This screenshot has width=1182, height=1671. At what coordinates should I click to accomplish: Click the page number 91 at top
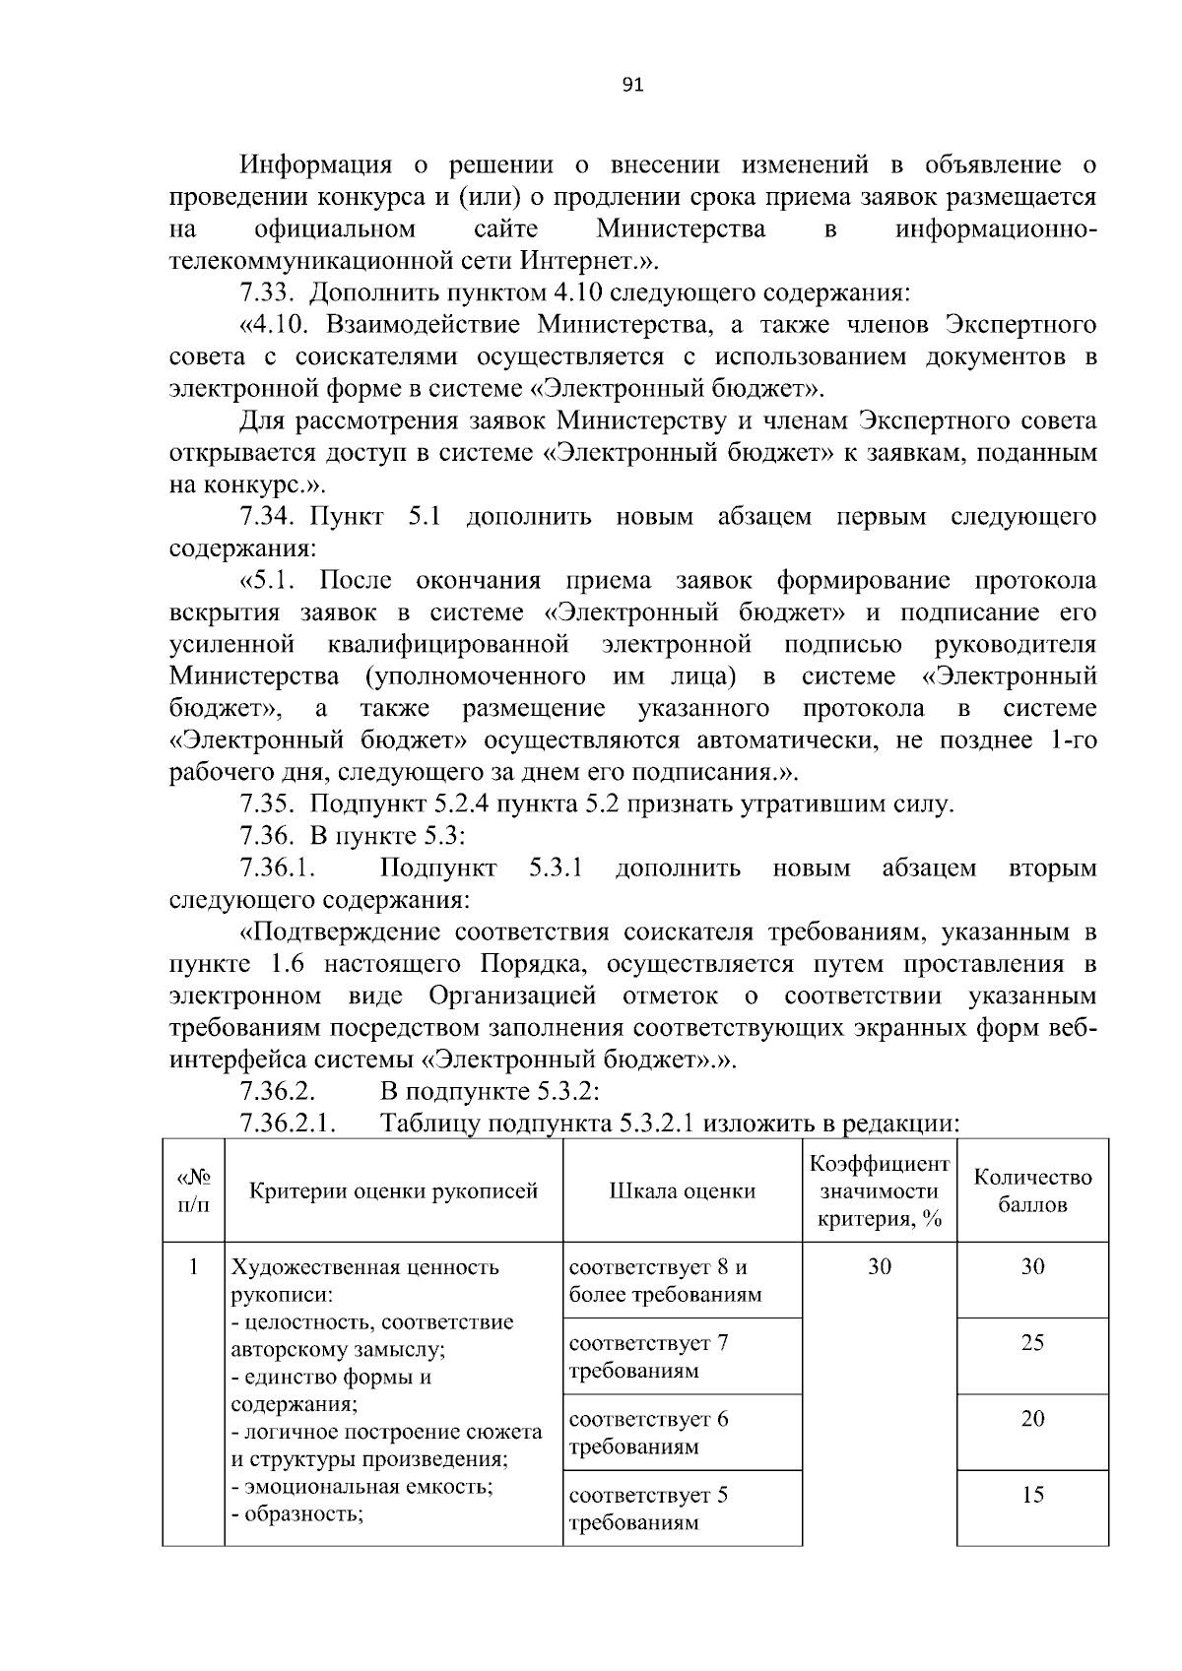(x=633, y=86)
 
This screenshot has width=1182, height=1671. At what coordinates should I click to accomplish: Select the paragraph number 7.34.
(x=269, y=517)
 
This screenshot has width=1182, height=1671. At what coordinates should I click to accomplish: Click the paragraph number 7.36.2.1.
(x=289, y=1124)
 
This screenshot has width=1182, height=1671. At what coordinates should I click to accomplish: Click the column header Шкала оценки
(x=682, y=1191)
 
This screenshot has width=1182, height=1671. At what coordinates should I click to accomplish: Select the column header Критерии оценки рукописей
(x=393, y=1191)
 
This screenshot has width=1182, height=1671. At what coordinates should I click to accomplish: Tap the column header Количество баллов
(x=1032, y=1191)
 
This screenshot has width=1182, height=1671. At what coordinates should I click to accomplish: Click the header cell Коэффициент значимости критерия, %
(x=879, y=1191)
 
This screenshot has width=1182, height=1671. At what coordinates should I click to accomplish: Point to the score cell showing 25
(x=1032, y=1343)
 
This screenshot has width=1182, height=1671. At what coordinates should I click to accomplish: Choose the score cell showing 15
(x=1032, y=1495)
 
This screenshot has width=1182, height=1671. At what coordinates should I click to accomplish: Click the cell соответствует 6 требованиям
(x=649, y=1433)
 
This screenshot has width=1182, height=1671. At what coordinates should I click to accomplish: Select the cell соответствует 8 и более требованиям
(x=665, y=1280)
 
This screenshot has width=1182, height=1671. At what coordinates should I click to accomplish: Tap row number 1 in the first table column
(x=194, y=1266)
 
